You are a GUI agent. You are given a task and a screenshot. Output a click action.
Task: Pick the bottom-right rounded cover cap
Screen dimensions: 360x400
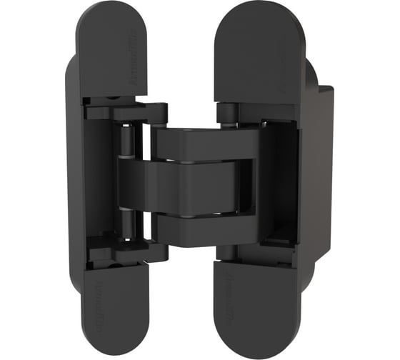pos(254,307)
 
